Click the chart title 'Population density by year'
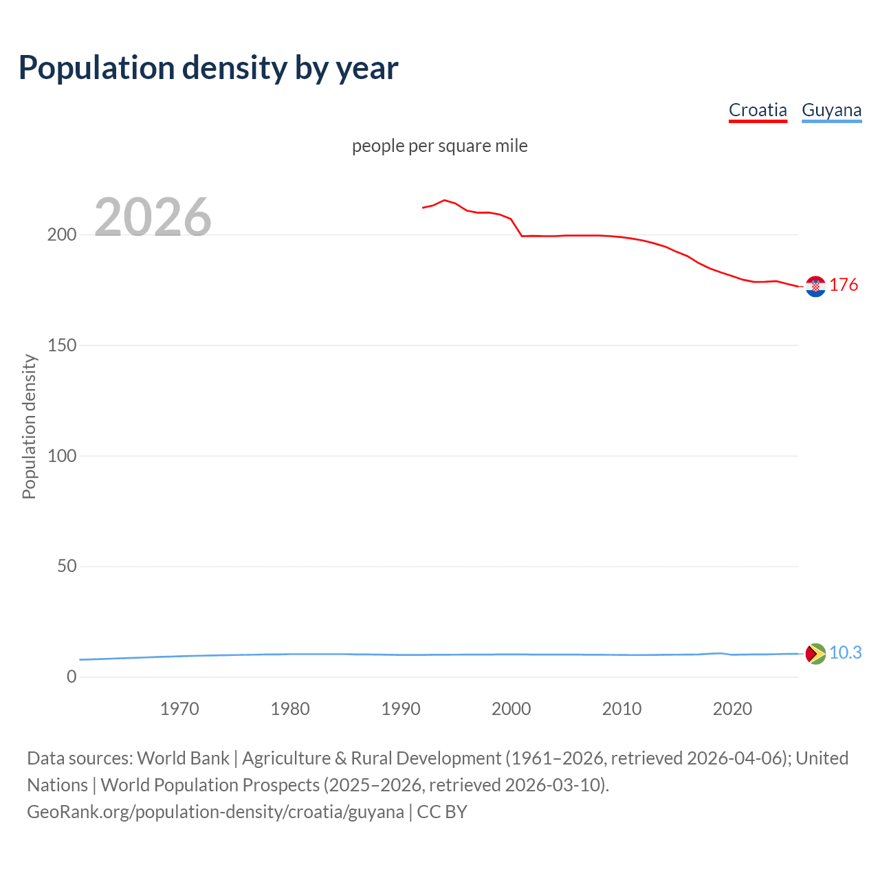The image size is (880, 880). pos(208,68)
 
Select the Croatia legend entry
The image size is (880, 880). pos(758,110)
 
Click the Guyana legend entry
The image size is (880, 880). pos(831,110)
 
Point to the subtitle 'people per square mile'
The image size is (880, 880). pos(439,146)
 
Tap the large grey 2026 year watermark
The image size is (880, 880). pos(153,217)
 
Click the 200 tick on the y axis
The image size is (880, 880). pos(61,235)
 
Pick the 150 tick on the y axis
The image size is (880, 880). pos(61,345)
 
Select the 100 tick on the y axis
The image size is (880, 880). pos(61,456)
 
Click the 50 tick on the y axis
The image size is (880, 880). pos(66,566)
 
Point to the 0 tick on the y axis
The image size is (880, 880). pos(71,677)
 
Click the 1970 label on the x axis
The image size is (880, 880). pos(179,709)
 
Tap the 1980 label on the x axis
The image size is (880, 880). pos(290,709)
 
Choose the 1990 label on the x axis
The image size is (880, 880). pos(401,709)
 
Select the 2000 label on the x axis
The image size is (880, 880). pos(511,709)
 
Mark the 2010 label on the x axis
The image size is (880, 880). pos(621,709)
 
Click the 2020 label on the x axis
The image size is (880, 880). pos(732,709)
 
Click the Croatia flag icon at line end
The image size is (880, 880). pos(815,286)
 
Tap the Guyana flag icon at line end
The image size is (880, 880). pos(815,653)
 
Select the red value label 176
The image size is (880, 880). pos(844,285)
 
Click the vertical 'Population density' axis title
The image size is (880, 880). pos(29,426)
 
